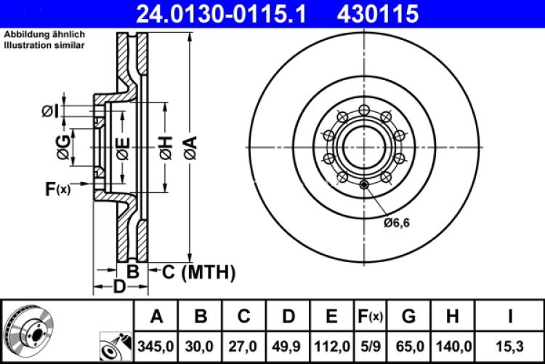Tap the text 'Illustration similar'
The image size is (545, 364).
click(44, 45)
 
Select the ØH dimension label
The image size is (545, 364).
click(165, 150)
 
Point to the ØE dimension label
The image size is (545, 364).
click(122, 150)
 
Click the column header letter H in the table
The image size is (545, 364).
click(452, 317)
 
